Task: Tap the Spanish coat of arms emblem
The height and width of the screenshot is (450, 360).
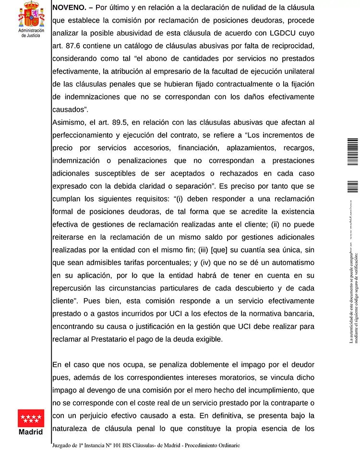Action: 31,14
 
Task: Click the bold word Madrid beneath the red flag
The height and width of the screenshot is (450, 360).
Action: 31,432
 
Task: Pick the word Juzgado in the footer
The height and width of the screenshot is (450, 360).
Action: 64,445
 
